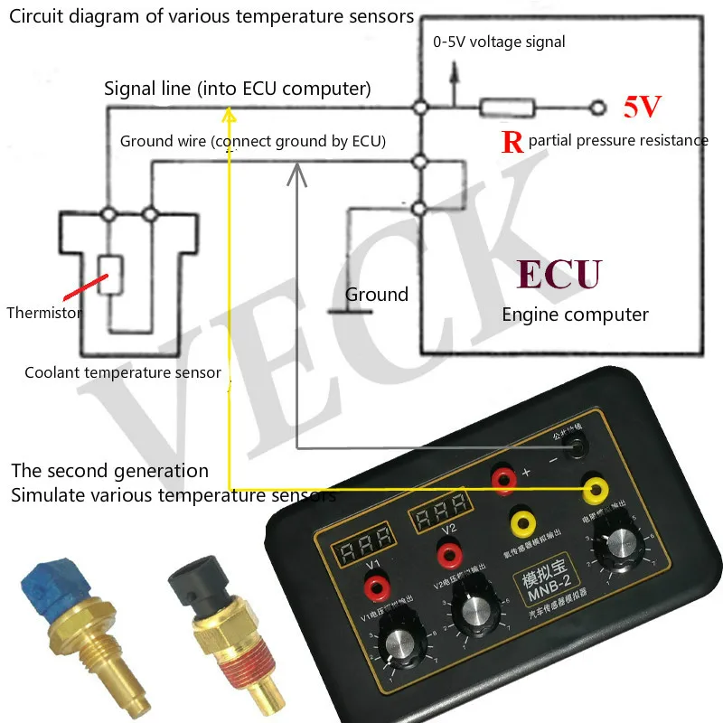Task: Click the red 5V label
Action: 643,108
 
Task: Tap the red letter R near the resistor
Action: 512,143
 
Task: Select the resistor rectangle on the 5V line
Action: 507,109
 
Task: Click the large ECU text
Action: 559,274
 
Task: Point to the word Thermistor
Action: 44,314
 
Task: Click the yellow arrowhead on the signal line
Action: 230,115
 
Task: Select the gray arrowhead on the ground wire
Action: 297,170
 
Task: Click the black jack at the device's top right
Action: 574,446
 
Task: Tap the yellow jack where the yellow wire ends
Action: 595,490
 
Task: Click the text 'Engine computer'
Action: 575,315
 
